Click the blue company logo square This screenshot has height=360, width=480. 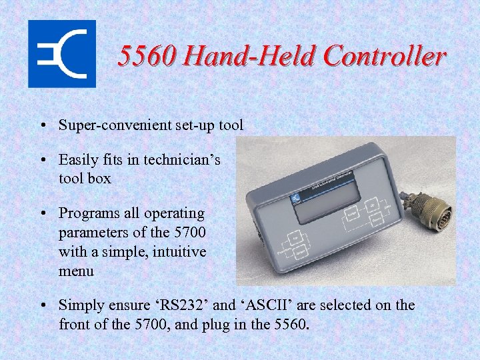[61, 54]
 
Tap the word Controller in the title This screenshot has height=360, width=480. [385, 57]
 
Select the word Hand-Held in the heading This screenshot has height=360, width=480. [249, 57]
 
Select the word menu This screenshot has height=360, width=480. [76, 271]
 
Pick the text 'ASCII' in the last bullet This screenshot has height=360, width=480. [265, 305]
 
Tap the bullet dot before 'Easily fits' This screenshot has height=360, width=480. [42, 161]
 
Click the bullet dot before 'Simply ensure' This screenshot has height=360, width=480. [42, 306]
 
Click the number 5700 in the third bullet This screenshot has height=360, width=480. [189, 233]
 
